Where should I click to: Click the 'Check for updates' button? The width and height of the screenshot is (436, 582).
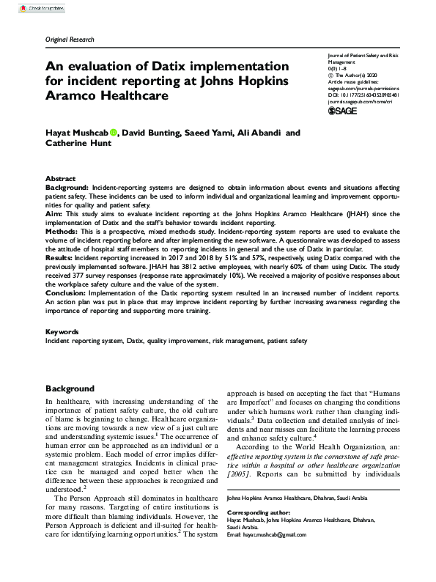pos(26,6)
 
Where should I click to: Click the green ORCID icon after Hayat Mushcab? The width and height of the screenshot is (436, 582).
pos(114,133)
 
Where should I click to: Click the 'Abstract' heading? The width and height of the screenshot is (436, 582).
pos(61,179)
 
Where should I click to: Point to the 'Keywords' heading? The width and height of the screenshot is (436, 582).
pos(62,332)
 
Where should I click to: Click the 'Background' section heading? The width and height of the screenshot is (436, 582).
pos(70,388)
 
